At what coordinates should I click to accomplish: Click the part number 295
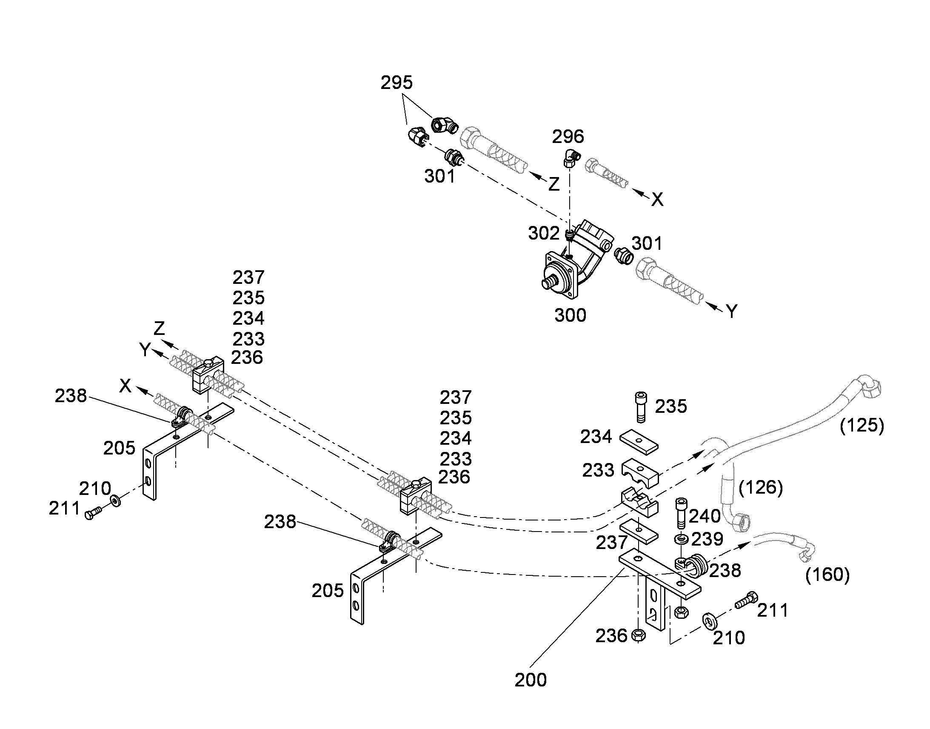[397, 83]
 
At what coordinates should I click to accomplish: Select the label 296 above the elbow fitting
[568, 137]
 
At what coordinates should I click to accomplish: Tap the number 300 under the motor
[570, 315]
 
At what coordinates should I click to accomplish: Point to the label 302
[544, 234]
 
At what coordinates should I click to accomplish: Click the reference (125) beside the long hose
[862, 426]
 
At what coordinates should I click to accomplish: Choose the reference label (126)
[761, 487]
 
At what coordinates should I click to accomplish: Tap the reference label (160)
[827, 575]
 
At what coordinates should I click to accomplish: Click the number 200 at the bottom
[530, 680]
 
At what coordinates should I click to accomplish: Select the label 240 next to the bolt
[705, 516]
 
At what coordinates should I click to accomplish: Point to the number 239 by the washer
[707, 539]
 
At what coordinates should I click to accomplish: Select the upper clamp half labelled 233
[639, 473]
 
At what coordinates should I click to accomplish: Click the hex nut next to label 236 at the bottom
[639, 635]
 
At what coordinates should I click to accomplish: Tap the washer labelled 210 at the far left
[115, 500]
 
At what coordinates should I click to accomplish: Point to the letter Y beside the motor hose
[731, 312]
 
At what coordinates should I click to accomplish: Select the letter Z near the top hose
[553, 184]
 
